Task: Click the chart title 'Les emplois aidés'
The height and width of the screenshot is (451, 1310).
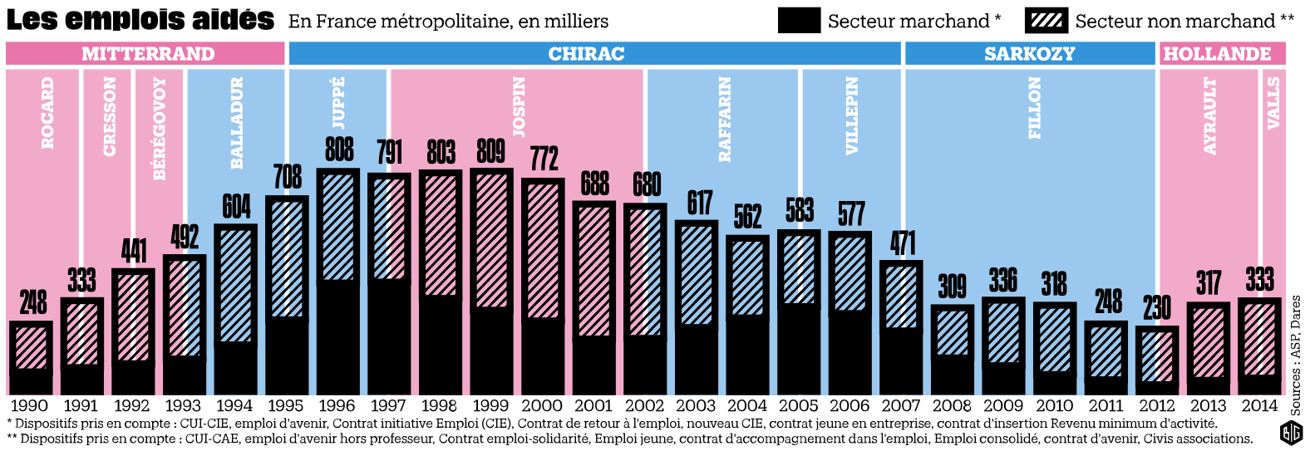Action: click(x=140, y=20)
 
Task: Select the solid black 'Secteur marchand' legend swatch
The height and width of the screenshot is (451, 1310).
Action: click(x=799, y=21)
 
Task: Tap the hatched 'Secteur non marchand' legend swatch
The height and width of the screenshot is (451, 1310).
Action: click(x=1046, y=21)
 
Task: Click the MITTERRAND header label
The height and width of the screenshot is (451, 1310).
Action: click(x=148, y=54)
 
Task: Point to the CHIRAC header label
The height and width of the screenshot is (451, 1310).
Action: click(x=586, y=54)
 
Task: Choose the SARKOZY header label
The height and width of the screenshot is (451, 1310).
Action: click(x=1029, y=54)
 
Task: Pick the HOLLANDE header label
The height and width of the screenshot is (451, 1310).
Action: click(x=1217, y=54)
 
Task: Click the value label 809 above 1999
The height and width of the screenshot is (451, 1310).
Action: click(x=490, y=151)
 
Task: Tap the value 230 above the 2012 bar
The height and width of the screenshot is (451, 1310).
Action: click(x=1156, y=308)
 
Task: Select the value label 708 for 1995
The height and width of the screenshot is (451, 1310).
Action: click(x=287, y=177)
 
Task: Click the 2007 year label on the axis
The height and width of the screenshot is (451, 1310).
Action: click(x=901, y=406)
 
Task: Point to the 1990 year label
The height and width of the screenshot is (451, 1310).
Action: click(x=29, y=406)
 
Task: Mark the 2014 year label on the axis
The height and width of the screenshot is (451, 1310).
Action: click(x=1259, y=406)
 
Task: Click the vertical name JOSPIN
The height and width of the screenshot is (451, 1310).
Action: click(x=519, y=106)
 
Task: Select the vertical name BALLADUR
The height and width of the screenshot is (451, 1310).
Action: click(x=237, y=122)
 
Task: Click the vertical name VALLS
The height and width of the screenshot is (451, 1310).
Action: click(x=1273, y=103)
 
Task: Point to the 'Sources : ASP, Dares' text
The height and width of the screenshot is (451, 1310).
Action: click(x=1296, y=355)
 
